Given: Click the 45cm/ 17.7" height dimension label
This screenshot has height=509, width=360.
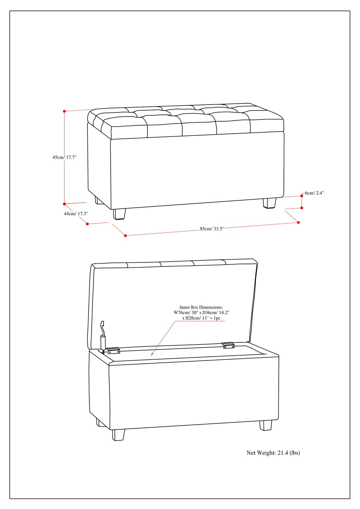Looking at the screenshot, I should click(64, 157).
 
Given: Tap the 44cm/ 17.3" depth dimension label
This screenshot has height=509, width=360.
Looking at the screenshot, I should click(76, 213).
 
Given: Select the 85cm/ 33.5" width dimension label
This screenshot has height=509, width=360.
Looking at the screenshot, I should click(212, 229).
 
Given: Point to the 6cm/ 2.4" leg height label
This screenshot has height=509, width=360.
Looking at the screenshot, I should click(314, 193).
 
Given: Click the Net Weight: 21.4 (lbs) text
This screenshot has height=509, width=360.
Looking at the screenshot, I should click(273, 453).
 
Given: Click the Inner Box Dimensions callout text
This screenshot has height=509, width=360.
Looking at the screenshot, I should click(201, 313).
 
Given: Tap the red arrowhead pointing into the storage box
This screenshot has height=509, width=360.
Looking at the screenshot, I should click(152, 354).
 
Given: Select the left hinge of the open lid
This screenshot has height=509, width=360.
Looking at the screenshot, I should click(113, 350).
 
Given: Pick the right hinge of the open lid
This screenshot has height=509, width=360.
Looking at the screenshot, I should click(228, 345).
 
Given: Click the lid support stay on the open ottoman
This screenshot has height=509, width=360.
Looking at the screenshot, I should click(103, 338).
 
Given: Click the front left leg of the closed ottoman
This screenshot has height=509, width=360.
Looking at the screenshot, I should click(119, 214).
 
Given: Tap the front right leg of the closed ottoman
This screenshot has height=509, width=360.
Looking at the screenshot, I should click(269, 203).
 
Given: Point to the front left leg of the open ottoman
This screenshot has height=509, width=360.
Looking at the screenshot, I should click(119, 435).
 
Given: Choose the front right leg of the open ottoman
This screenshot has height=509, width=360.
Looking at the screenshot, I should click(266, 425).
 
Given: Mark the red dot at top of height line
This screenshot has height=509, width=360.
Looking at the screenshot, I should click(64, 111).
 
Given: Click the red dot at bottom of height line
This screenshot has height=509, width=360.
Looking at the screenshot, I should click(64, 204).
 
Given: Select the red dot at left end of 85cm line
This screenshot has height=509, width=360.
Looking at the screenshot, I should click(125, 236).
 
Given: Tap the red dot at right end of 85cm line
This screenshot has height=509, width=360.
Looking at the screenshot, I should click(298, 223).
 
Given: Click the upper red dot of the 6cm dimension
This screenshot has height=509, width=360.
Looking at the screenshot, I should click(302, 196).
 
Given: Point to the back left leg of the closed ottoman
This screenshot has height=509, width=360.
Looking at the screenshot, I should click(99, 201).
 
